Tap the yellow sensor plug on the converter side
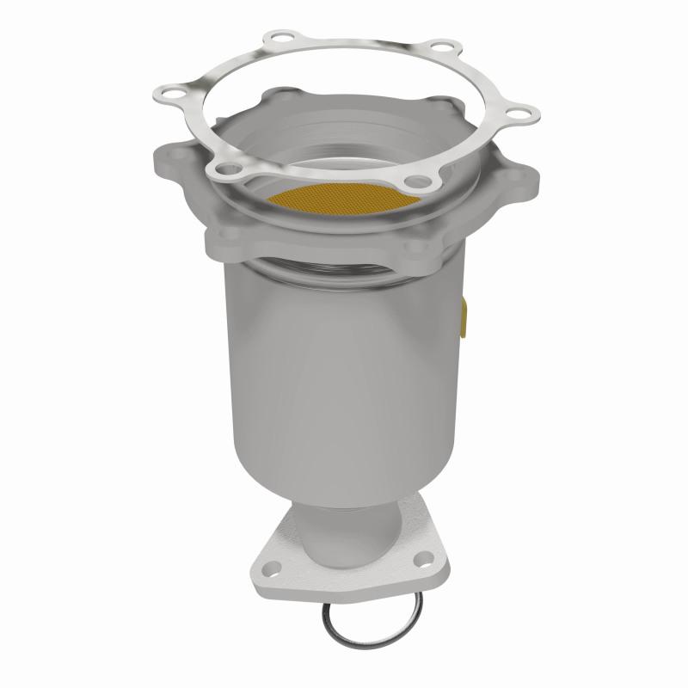[x=465, y=313]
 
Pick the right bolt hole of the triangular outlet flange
[x=422, y=562]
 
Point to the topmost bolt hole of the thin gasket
[x=278, y=38]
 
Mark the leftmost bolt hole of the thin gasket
[x=169, y=89]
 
